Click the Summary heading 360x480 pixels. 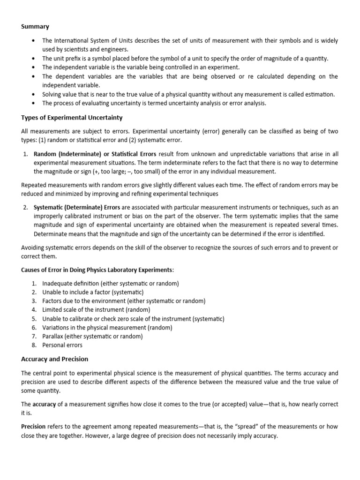[35, 27]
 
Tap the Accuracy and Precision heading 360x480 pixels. [54, 359]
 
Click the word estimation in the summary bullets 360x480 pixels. [320, 94]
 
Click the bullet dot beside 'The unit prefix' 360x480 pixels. [32, 59]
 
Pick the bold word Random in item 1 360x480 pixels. [45, 154]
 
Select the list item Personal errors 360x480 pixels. [62, 345]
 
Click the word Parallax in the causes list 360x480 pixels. [53, 336]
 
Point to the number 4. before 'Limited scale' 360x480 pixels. [34, 310]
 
